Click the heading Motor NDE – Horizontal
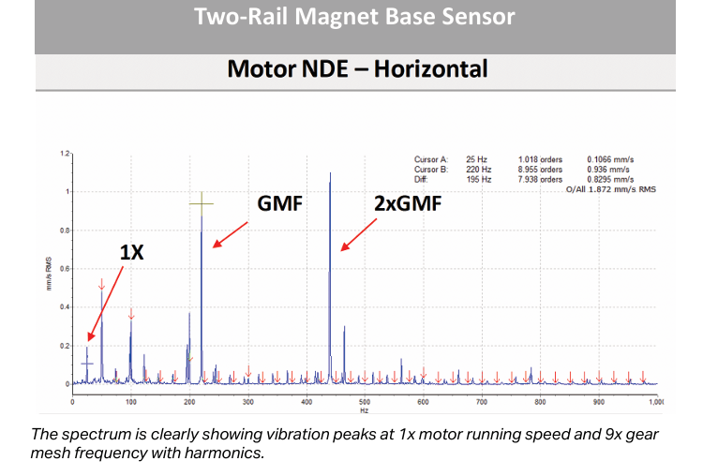point(357,69)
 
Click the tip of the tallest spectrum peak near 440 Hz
point(330,173)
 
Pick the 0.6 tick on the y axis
point(65,269)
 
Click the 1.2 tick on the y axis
point(65,153)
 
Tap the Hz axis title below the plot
point(364,409)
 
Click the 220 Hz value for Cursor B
point(478,170)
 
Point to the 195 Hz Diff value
point(478,178)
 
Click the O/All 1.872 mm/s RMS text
point(609,188)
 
